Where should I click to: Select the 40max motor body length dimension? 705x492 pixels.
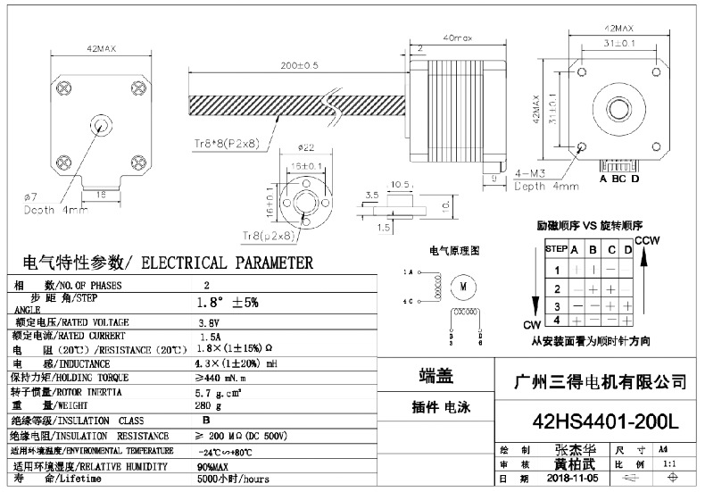pos(457,38)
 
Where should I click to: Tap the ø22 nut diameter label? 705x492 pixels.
pos(305,147)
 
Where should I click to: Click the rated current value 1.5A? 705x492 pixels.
pos(210,337)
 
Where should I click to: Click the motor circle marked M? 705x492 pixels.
pos(464,286)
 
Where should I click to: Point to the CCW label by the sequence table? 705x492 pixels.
pos(647,242)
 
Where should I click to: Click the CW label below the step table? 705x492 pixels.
pos(533,323)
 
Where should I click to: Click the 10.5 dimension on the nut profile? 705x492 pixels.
pos(401,185)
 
